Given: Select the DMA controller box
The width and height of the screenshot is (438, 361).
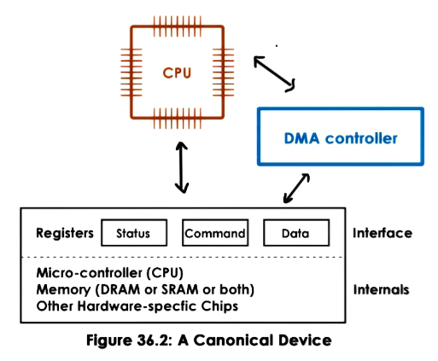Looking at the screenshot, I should tap(341, 137).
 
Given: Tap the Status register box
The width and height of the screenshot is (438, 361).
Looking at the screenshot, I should tap(133, 233).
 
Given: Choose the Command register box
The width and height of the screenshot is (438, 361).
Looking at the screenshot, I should tap(215, 233).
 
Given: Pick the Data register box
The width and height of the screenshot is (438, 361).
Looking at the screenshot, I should tap(295, 233).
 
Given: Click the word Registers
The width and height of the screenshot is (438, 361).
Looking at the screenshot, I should tap(65, 233).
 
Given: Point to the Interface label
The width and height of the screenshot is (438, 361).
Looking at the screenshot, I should tap(382, 233).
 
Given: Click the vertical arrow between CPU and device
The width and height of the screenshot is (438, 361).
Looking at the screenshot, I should tap(181, 167).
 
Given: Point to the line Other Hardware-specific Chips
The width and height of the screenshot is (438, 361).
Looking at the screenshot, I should tap(137, 306).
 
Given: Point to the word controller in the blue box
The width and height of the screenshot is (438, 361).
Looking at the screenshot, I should tap(367, 137).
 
